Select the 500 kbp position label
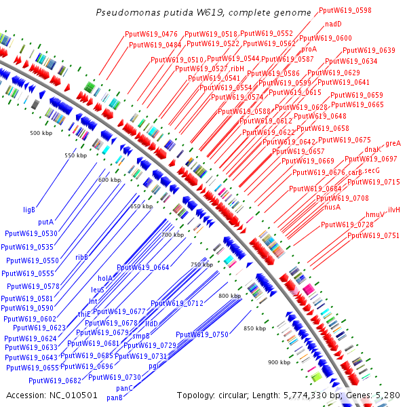(x=42, y=134)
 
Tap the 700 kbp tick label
(x=172, y=235)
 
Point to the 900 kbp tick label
(x=279, y=362)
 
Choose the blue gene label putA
(x=45, y=222)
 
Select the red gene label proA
(x=309, y=49)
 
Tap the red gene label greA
(x=393, y=144)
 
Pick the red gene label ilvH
(x=394, y=210)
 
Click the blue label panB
(x=115, y=398)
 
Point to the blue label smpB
(x=140, y=336)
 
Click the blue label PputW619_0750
(x=201, y=334)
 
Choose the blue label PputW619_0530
(x=31, y=233)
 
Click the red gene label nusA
(x=332, y=207)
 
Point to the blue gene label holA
(x=105, y=278)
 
